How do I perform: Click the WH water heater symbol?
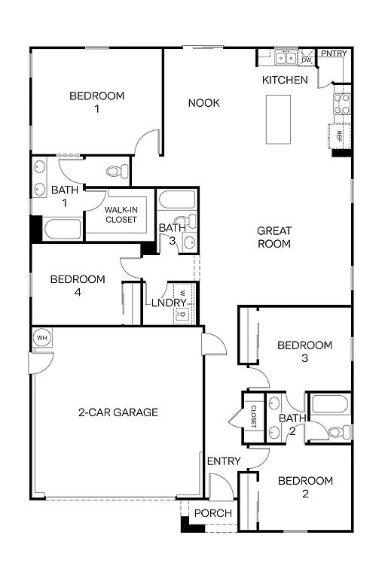point(41,338)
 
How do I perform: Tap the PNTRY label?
point(333,53)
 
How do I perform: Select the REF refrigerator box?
point(340,136)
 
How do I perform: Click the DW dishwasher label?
point(307,59)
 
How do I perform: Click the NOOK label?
point(203,102)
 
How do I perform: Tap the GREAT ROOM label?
point(274,237)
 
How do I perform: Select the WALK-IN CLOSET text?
point(121,214)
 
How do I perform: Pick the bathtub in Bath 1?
point(63,229)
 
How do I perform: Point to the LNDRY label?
point(169,303)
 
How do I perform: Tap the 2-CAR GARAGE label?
point(118,412)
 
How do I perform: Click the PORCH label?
point(213,513)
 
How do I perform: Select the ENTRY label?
point(224,461)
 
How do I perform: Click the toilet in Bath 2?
point(340,432)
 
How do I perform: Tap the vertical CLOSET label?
point(254,417)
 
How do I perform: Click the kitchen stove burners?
point(341,103)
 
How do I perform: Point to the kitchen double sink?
point(286,57)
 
